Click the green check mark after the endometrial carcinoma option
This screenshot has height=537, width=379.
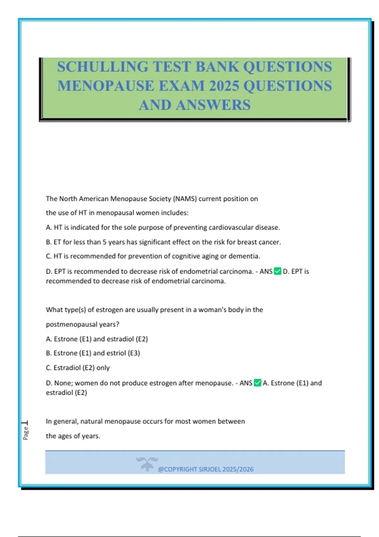pyautogui.click(x=278, y=271)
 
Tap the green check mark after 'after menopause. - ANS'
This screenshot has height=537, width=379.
pyautogui.click(x=257, y=383)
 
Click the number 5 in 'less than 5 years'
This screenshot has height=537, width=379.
pyautogui.click(x=105, y=242)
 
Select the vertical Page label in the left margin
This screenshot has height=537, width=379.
pyautogui.click(x=26, y=433)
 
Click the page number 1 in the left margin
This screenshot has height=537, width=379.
pyautogui.click(x=25, y=423)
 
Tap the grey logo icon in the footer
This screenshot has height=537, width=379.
pyautogui.click(x=147, y=464)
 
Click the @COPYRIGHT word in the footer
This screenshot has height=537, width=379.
pyautogui.click(x=177, y=469)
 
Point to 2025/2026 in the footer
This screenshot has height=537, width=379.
pyautogui.click(x=238, y=469)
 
